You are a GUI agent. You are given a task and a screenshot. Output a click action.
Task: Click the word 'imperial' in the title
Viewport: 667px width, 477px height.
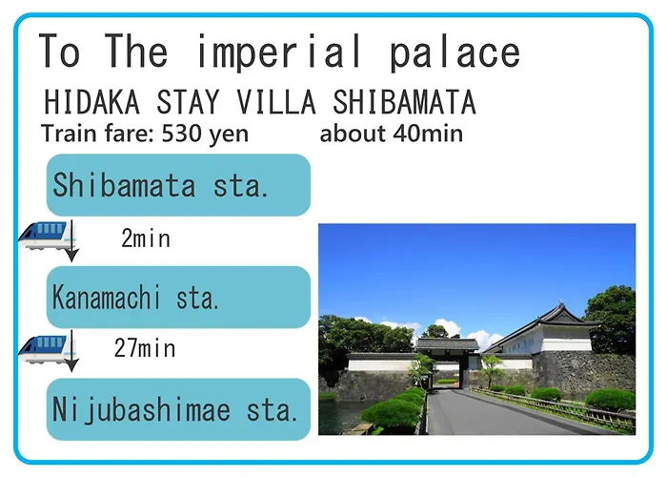point(278,52)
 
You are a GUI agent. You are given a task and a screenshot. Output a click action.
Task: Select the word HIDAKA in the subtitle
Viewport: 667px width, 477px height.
point(91,102)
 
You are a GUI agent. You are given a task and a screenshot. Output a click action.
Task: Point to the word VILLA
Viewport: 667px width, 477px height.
point(276,102)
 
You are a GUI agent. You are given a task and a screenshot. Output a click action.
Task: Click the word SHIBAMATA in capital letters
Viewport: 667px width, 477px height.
point(404,102)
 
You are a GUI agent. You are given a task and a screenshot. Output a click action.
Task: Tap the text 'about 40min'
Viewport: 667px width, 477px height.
point(392,134)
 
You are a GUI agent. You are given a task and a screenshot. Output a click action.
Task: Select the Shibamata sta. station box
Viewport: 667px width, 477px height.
point(178,185)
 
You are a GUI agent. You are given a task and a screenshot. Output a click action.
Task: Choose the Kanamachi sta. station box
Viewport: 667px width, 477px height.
point(178,298)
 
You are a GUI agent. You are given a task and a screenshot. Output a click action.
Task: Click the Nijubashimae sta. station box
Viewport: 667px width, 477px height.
point(178,409)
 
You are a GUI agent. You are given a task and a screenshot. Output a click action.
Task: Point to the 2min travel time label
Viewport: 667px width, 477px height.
point(146,238)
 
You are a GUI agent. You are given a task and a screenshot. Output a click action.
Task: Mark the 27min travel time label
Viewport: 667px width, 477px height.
point(145,348)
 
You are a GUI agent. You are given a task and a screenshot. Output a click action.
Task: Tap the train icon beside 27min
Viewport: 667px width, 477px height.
point(44,349)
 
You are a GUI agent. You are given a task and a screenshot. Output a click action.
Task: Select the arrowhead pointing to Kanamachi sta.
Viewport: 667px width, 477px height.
point(71,256)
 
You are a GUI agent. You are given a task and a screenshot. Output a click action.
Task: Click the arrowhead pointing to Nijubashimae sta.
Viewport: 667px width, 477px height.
point(71,365)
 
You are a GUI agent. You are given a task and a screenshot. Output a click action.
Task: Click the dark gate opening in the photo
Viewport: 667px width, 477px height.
point(464,371)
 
